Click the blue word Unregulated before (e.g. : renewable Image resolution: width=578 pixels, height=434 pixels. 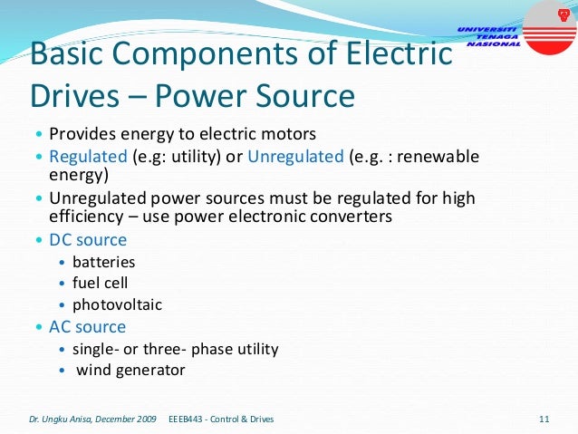[295, 156]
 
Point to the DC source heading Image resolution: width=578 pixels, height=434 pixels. [88, 240]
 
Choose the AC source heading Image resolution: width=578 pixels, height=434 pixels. [87, 326]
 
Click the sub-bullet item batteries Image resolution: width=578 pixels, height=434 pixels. [103, 262]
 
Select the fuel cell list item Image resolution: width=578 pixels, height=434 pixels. [101, 284]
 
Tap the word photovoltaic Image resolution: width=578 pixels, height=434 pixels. [117, 305]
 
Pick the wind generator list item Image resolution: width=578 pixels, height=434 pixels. [130, 370]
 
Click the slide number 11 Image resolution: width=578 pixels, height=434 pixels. [544, 419]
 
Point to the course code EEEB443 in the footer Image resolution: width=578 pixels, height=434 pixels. [188, 419]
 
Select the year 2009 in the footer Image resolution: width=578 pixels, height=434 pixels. [144, 419]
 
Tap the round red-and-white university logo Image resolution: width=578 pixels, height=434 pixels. [549, 24]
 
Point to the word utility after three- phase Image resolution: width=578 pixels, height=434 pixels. [255, 349]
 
